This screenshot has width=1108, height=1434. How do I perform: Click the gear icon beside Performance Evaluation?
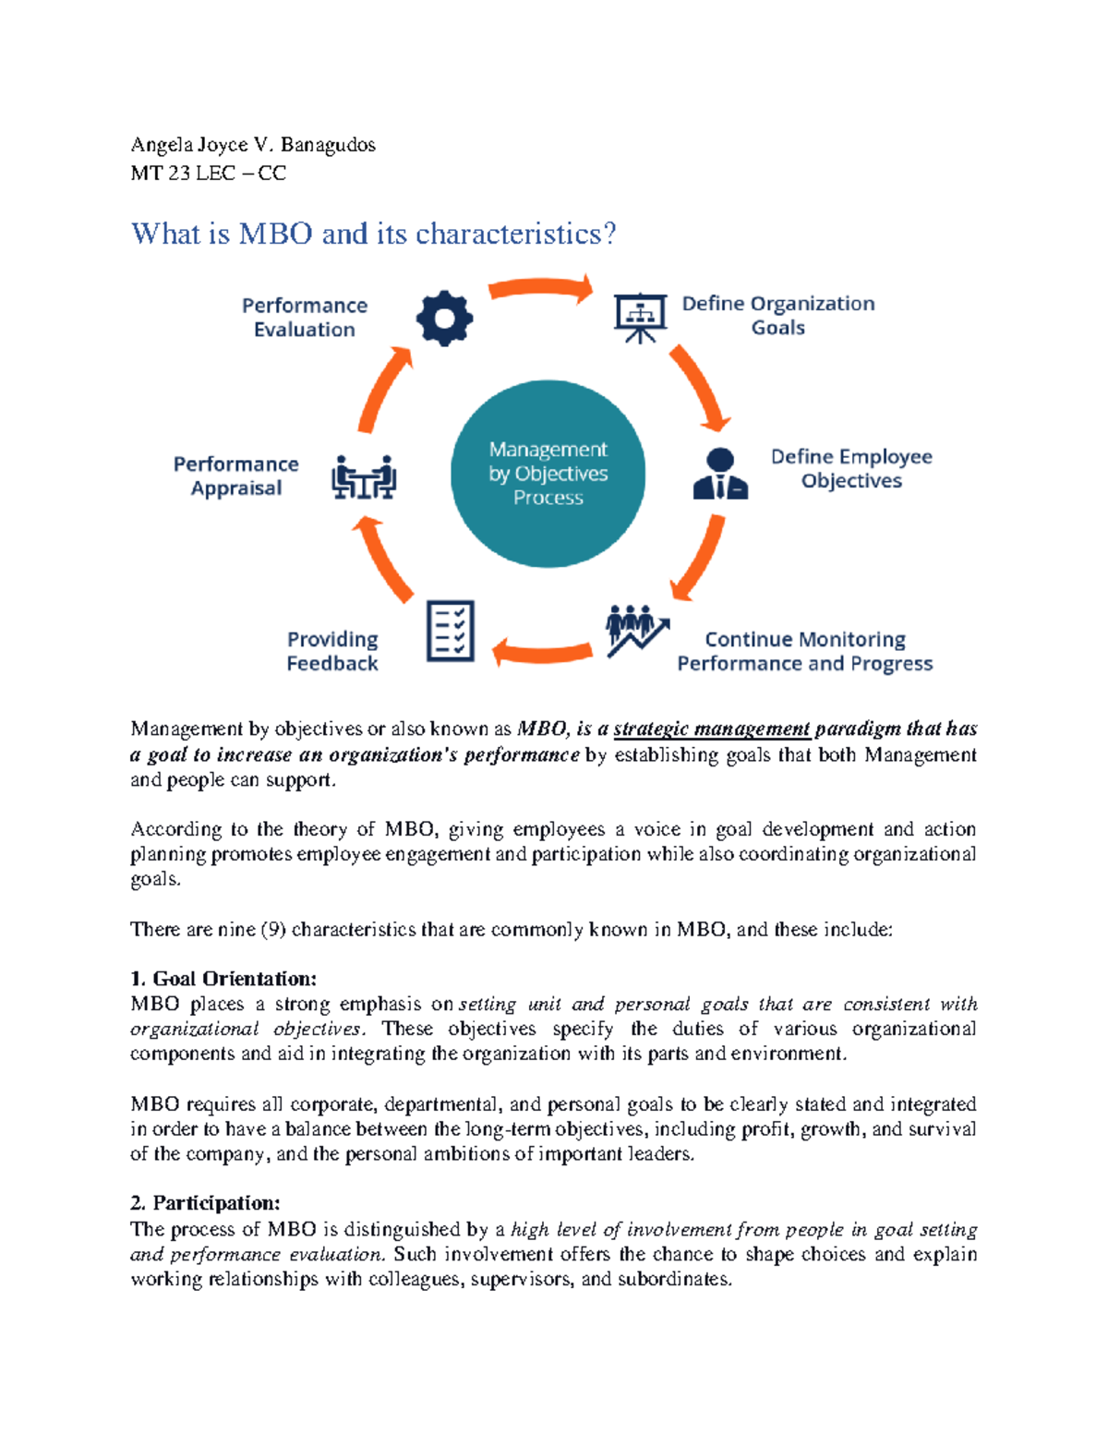444,319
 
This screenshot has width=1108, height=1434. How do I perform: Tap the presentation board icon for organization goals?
640,317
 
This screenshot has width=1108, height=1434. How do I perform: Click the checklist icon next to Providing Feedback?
451,631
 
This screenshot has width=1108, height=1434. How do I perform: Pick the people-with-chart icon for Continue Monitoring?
636,631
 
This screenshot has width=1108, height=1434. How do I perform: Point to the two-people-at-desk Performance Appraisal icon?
364,476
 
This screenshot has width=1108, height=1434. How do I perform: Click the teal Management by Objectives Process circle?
548,474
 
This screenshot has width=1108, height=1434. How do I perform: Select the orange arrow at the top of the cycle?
542,289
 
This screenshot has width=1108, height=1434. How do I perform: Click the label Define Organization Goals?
777,316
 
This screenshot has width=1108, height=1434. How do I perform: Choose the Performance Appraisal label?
236,476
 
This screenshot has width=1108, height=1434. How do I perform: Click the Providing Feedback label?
332,651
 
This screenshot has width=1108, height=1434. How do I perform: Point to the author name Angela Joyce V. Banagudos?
253,145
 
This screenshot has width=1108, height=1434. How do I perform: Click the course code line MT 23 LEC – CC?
208,174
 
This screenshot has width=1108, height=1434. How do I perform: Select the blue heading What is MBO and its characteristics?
373,234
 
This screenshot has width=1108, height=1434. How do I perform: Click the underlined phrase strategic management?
711,729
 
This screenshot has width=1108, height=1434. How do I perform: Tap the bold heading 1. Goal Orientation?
223,979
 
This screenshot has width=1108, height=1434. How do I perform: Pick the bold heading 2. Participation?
205,1203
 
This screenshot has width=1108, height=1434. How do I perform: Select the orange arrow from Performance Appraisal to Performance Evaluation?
381,392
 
